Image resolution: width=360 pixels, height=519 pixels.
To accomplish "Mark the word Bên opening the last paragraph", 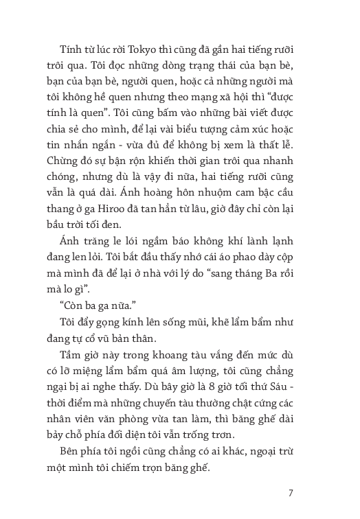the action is point(70,455).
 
